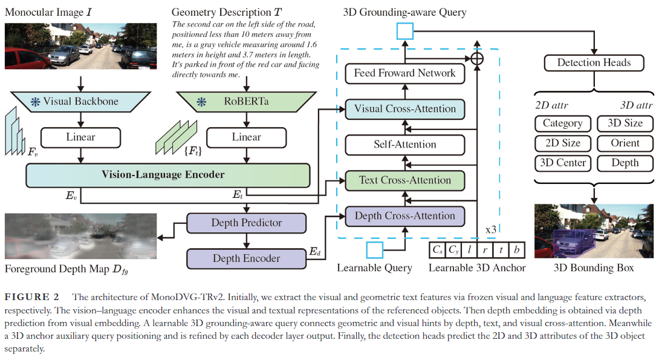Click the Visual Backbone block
[80, 101]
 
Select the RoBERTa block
[246, 102]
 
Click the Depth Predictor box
[246, 223]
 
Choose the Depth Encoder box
[246, 258]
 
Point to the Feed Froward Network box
[404, 73]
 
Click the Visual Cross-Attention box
[404, 109]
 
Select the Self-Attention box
[404, 145]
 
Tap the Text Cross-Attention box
[404, 180]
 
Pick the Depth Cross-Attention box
[404, 216]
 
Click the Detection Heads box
[594, 62]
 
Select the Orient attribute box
[625, 143]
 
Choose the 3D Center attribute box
[562, 163]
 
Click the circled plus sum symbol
[478, 58]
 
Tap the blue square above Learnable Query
[375, 249]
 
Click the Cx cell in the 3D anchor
[437, 249]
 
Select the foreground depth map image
[80, 236]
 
